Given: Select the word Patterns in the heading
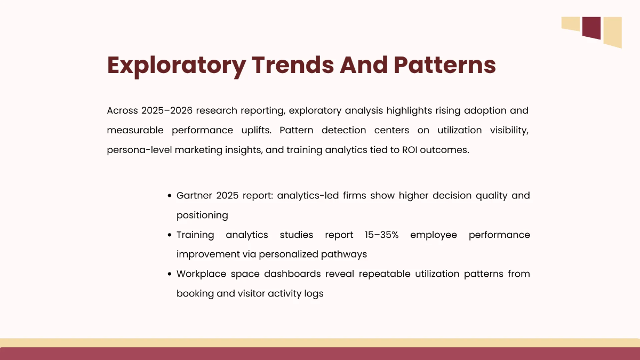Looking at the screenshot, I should [445, 65].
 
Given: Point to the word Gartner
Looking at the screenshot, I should [195, 196].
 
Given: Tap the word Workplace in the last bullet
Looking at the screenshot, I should [201, 274].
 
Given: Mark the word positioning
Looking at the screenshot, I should [202, 215].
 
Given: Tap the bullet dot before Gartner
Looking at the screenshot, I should [169, 196].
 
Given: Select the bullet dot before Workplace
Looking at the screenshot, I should [169, 275].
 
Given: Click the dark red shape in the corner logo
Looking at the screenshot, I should [591, 27].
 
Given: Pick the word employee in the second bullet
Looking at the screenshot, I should [434, 235].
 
